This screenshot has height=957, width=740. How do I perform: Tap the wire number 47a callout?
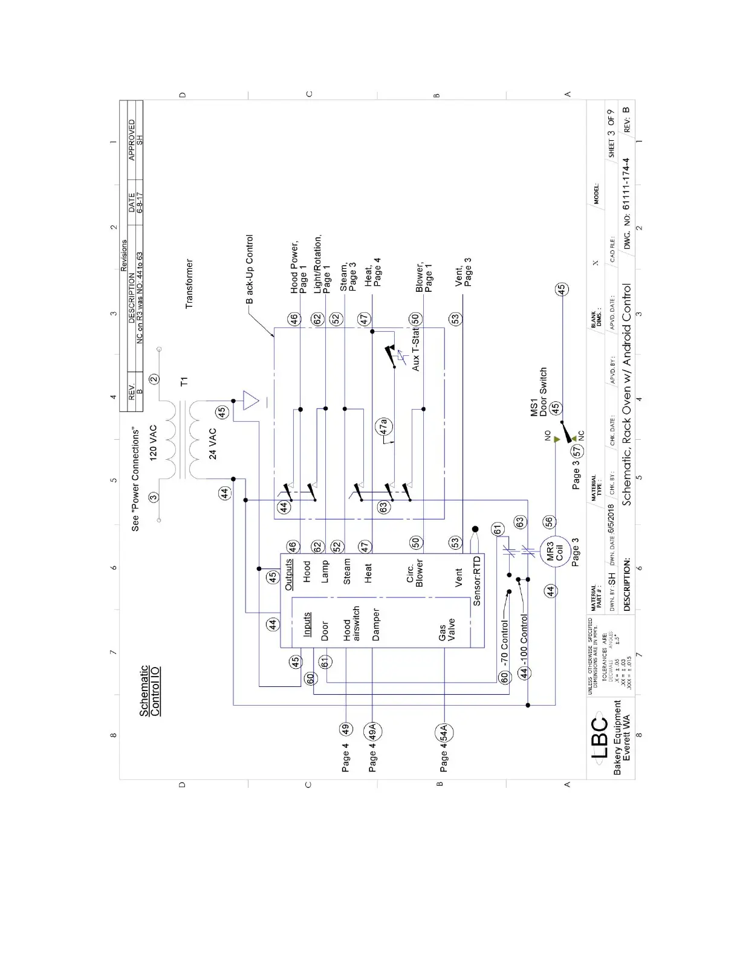[383, 427]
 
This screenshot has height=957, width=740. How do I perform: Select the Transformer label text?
[189, 284]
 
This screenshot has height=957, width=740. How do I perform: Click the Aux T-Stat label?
[415, 350]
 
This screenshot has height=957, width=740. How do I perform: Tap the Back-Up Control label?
[249, 269]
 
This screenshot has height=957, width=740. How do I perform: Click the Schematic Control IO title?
[150, 691]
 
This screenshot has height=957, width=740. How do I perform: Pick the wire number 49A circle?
[373, 732]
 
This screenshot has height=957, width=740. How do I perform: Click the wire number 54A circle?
[444, 733]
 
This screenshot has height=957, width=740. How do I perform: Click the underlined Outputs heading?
[289, 574]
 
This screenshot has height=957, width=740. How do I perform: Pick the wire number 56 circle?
[548, 523]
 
